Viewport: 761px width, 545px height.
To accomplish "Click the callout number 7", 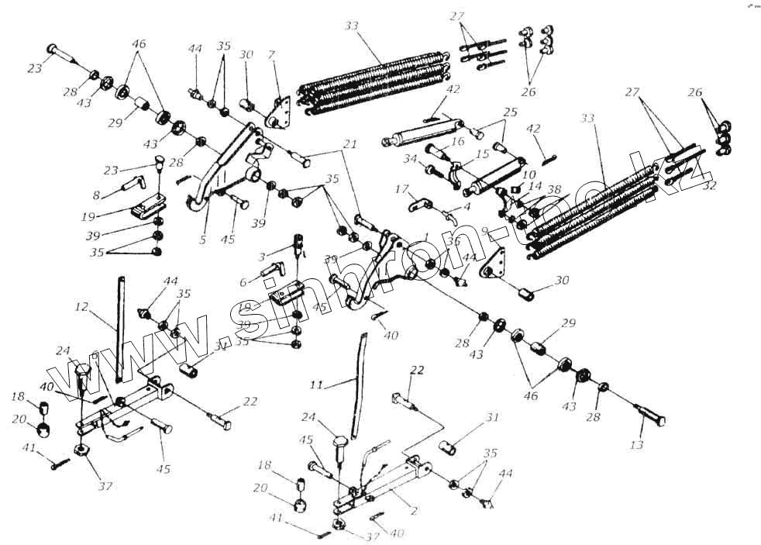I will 271,56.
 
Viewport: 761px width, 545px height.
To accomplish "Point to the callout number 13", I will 637,446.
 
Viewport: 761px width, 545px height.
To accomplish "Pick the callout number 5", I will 202,240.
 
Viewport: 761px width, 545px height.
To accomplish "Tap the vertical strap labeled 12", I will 120,326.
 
